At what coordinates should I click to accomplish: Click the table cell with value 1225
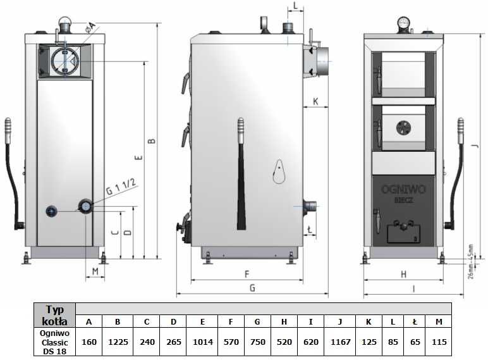118,342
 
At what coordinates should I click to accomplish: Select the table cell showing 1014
202,342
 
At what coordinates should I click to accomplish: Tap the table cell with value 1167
339,342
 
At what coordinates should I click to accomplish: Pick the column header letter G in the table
257,321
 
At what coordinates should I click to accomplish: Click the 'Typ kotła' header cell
55,314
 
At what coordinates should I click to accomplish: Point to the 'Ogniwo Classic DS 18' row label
55,342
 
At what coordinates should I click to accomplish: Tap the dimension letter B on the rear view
151,141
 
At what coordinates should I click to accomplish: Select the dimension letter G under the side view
252,288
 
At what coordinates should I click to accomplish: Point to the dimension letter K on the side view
315,101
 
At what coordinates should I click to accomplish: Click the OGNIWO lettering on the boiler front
403,188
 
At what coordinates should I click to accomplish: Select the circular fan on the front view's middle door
403,127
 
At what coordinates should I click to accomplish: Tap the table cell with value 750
257,342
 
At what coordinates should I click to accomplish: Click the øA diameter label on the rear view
91,27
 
